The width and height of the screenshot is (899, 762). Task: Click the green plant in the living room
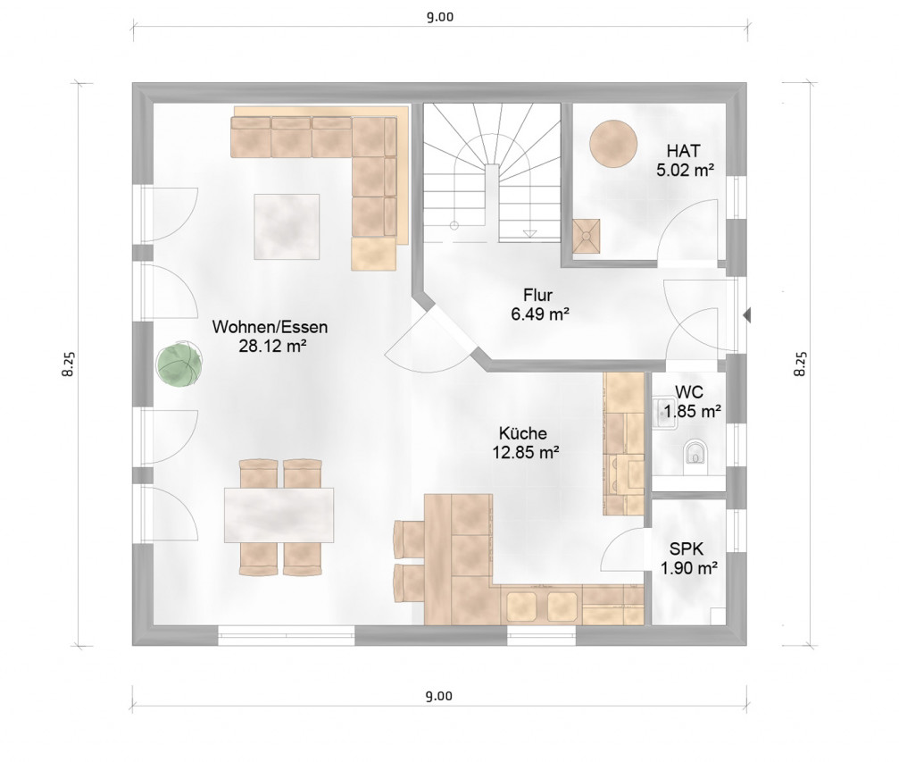tap(179, 364)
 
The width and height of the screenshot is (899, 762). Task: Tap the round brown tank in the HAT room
tap(613, 144)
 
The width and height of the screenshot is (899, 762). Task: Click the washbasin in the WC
tap(665, 413)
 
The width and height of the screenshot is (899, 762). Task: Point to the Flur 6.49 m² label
tap(539, 305)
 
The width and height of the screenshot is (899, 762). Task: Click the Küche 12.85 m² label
tap(525, 442)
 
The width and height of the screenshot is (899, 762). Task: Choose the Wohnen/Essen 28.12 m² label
tap(270, 336)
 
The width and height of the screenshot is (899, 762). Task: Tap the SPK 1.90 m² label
tap(688, 558)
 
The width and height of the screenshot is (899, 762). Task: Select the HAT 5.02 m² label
tap(685, 160)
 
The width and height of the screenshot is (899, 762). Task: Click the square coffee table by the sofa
tap(287, 227)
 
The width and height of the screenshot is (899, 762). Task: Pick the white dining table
tap(279, 515)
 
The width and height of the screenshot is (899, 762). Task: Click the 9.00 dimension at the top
tap(440, 17)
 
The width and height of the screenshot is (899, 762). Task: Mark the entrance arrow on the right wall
tap(746, 314)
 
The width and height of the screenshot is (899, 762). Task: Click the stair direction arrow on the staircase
tap(529, 233)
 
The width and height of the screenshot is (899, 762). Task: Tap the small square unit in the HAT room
tap(586, 236)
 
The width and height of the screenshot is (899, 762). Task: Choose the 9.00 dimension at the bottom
tap(439, 696)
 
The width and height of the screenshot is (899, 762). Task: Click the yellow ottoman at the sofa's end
tap(374, 254)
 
